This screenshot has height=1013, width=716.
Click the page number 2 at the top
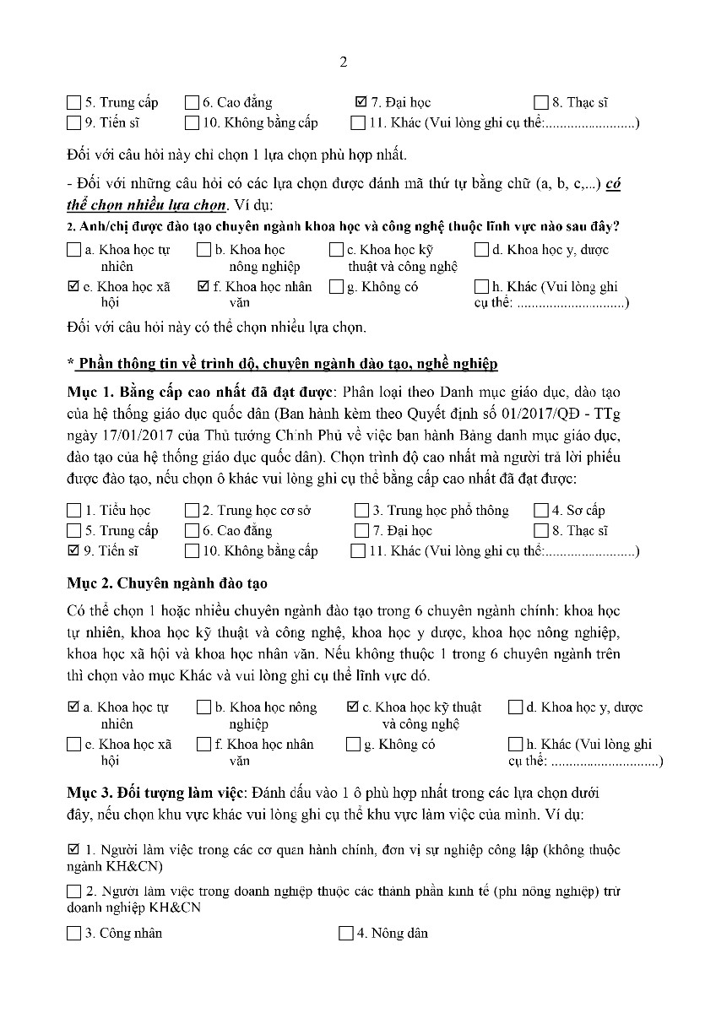(x=343, y=62)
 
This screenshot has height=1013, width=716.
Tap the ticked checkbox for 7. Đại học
(x=361, y=103)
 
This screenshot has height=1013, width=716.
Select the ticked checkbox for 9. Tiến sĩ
(x=73, y=551)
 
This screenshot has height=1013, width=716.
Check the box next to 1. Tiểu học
(x=73, y=511)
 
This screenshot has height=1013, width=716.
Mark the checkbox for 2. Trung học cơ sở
(x=191, y=511)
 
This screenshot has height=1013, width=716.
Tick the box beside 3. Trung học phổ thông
(x=361, y=511)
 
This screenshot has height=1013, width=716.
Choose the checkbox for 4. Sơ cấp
(x=540, y=511)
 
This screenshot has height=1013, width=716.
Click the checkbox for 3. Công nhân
(x=73, y=934)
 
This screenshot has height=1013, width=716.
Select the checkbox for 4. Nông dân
(x=345, y=934)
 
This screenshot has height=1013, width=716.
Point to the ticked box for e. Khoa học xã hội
(x=73, y=287)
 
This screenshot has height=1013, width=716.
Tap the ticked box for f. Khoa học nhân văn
(x=203, y=287)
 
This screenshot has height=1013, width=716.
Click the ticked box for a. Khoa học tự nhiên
(x=73, y=707)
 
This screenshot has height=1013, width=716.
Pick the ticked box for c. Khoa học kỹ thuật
(x=353, y=707)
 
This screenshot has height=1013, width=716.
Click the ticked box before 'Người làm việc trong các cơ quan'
(x=73, y=849)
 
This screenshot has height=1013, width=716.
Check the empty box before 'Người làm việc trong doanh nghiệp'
(x=73, y=891)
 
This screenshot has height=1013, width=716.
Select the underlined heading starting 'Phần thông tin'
(x=287, y=364)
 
